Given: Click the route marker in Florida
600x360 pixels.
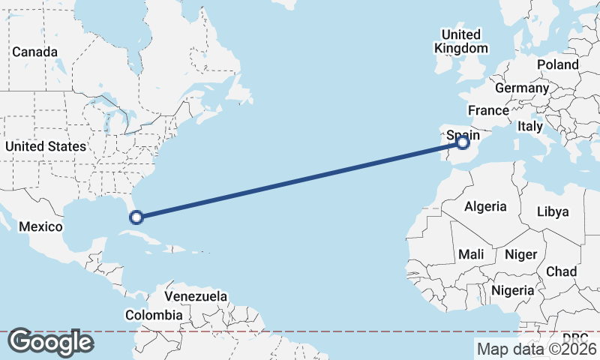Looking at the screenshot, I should pyautogui.click(x=136, y=217).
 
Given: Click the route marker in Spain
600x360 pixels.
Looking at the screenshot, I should pyautogui.click(x=463, y=142).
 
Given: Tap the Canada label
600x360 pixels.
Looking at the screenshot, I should pyautogui.click(x=34, y=52).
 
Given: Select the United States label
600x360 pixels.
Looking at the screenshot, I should pyautogui.click(x=45, y=146).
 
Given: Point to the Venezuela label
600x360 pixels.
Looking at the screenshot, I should pyautogui.click(x=196, y=296).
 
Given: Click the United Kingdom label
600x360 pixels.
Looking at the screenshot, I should pyautogui.click(x=460, y=41).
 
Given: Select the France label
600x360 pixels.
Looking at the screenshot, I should pyautogui.click(x=488, y=110).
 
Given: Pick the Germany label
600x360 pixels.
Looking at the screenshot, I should pyautogui.click(x=522, y=88).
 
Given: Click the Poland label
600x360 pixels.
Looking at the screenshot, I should pyautogui.click(x=557, y=64).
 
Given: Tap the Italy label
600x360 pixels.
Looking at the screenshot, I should pyautogui.click(x=529, y=127).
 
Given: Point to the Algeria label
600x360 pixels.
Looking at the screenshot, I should pyautogui.click(x=485, y=206).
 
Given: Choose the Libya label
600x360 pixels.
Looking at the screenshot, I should pyautogui.click(x=553, y=211).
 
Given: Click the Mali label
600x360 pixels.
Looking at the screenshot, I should pyautogui.click(x=471, y=254).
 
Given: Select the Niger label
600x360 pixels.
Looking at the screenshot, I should pyautogui.click(x=520, y=254).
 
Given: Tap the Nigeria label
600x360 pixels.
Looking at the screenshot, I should pyautogui.click(x=513, y=290).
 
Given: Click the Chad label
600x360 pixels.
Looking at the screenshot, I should pyautogui.click(x=561, y=271).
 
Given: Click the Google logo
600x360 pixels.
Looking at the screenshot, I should pyautogui.click(x=50, y=342).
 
